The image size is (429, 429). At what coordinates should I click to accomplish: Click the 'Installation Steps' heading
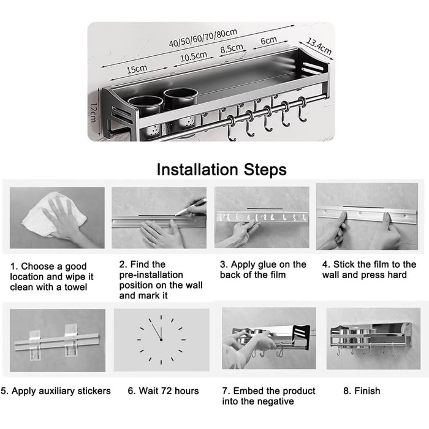(222, 170)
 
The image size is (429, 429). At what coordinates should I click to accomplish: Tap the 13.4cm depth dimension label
(319, 46)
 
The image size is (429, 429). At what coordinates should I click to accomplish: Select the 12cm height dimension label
(93, 112)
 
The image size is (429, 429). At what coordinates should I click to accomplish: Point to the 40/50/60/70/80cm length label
(203, 38)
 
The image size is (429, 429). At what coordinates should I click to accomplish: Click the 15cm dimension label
(137, 69)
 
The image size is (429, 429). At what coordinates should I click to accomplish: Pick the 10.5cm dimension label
(194, 56)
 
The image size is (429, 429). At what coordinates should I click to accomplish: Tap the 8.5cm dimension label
(232, 48)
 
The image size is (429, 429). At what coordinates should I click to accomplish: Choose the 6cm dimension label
(268, 40)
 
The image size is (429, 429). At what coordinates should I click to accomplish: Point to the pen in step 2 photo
(191, 207)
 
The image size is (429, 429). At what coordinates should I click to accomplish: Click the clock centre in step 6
(161, 340)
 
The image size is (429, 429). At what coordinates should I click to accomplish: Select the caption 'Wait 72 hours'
(169, 391)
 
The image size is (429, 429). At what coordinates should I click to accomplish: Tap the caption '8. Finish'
(362, 391)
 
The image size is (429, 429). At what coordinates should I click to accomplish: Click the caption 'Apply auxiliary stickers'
(61, 391)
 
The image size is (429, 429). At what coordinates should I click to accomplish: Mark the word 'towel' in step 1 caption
(76, 287)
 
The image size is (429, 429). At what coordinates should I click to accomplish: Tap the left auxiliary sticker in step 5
(35, 345)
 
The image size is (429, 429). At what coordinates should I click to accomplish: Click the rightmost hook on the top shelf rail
(302, 110)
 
